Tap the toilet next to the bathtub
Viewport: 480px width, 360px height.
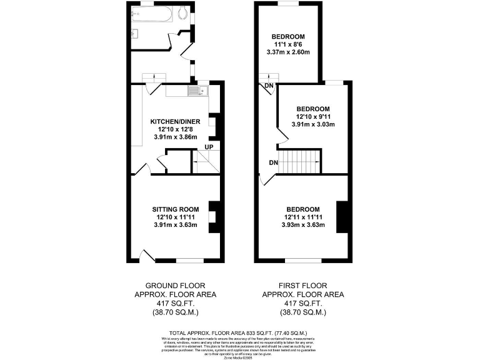[x=182, y=13]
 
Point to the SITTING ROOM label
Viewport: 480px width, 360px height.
[x=176, y=209]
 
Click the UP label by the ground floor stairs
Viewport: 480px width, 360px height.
[x=209, y=148]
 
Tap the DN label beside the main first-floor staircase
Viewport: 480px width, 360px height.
[x=273, y=163]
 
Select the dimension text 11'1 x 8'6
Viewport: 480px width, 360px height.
[x=288, y=44]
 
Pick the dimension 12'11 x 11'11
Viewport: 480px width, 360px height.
[x=303, y=217]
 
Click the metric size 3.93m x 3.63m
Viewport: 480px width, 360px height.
[x=303, y=225]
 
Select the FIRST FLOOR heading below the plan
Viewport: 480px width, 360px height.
[x=302, y=285]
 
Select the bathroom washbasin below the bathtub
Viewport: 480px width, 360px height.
[x=136, y=32]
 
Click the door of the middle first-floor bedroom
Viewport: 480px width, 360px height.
[x=279, y=137]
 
